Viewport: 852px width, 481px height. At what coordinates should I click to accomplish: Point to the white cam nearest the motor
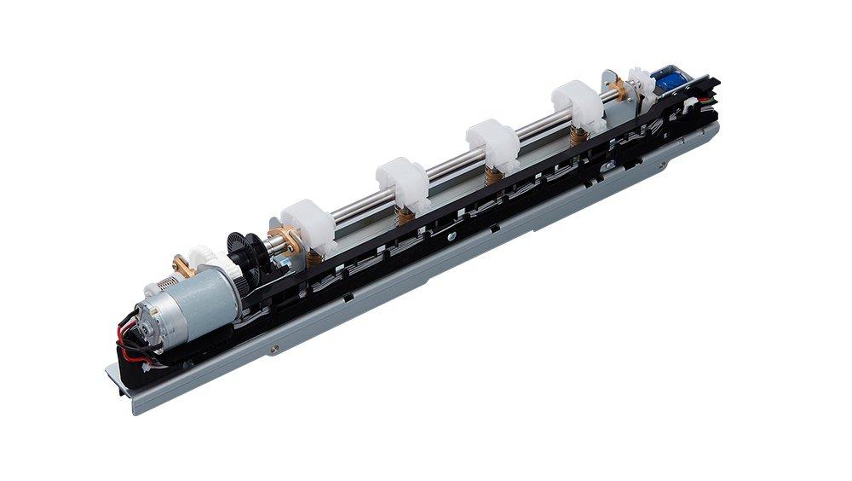[x=308, y=225]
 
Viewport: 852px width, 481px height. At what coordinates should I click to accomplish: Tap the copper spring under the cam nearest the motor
[x=314, y=256]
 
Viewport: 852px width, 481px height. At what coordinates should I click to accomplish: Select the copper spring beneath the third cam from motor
[x=492, y=174]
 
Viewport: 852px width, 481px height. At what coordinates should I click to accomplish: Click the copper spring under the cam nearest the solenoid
[x=579, y=133]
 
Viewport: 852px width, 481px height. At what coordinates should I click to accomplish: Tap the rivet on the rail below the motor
[x=273, y=348]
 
